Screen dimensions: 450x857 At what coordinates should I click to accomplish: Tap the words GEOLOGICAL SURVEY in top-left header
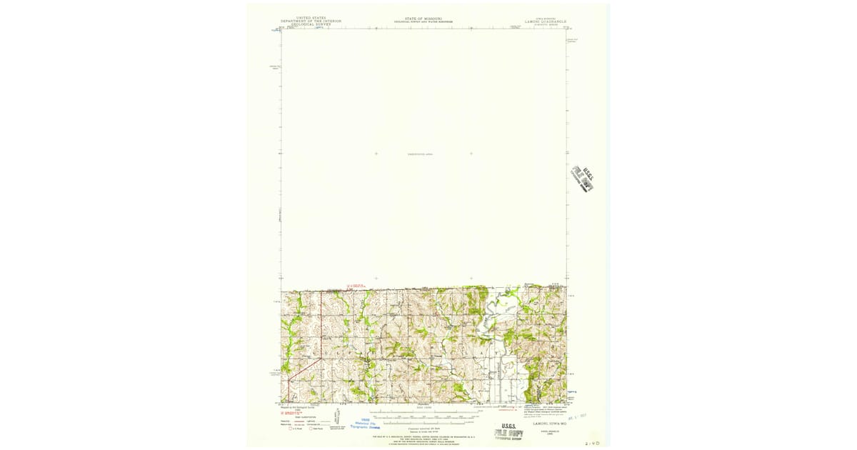click(311, 24)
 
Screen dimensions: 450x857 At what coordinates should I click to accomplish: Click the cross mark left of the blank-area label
click(376, 154)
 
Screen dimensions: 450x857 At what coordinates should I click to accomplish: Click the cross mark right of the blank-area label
click(471, 154)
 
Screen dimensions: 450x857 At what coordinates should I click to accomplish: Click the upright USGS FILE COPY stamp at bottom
click(508, 434)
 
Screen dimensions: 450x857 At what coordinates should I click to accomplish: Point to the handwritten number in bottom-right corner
click(592, 443)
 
